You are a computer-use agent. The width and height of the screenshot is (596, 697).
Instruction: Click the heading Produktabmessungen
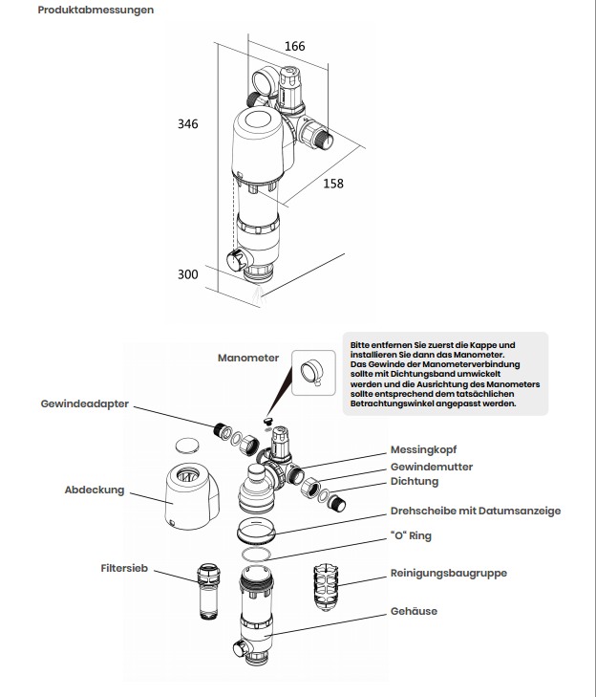(x=96, y=10)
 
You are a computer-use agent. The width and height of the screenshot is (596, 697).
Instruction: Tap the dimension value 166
(x=295, y=46)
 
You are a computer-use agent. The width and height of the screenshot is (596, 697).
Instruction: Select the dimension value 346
(x=188, y=124)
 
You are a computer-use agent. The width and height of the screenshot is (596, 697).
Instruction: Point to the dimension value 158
(x=333, y=184)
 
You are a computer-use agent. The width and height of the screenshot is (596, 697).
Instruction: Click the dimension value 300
(x=188, y=274)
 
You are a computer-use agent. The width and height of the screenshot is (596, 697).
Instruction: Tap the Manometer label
(x=248, y=358)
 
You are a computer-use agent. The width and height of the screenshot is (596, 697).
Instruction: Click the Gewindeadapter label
(x=85, y=403)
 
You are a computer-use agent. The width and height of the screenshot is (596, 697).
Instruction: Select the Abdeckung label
(x=95, y=490)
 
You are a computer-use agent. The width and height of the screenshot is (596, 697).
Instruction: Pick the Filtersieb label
(x=124, y=568)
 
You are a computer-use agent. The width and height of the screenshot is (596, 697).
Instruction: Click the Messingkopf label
(x=424, y=450)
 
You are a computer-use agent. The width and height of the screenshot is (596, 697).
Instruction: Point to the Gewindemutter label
(x=432, y=467)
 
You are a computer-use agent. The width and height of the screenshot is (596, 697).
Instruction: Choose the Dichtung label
(x=415, y=482)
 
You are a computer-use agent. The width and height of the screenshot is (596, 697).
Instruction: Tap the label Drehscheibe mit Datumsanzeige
(x=476, y=511)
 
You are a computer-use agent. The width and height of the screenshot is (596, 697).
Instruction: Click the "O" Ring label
(x=411, y=535)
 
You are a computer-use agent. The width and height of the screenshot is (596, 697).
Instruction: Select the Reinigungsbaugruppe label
(x=449, y=573)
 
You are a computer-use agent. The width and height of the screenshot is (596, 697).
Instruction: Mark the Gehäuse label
(x=414, y=611)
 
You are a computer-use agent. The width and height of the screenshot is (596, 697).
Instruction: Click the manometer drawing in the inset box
(x=312, y=373)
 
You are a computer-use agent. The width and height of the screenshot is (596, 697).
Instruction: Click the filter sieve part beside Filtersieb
(x=208, y=591)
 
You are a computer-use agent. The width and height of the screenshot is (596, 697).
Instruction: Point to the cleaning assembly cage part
(x=326, y=587)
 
